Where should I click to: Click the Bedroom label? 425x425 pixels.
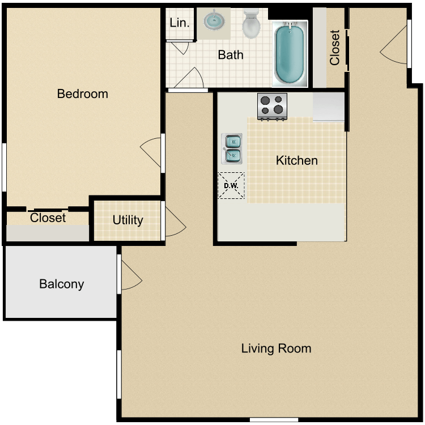coord(82,94)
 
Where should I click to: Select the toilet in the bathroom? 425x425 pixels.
coord(250,23)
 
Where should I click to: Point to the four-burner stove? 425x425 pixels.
coord(272,106)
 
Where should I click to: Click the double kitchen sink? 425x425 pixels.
coord(232,148)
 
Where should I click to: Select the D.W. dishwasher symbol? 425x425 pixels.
coord(231,186)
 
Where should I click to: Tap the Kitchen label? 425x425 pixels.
coord(296,161)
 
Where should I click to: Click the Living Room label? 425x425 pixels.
coord(276,348)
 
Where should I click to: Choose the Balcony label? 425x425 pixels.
coord(61,284)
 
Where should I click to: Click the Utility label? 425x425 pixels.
coord(127,220)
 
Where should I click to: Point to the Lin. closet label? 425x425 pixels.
coord(179,23)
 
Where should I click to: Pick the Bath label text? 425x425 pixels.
coord(231,55)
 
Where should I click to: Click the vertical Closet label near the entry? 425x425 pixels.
coord(335,48)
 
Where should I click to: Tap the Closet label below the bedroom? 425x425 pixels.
coord(48,218)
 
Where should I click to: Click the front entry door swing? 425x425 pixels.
coord(393,45)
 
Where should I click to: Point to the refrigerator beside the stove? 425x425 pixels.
coord(328,107)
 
